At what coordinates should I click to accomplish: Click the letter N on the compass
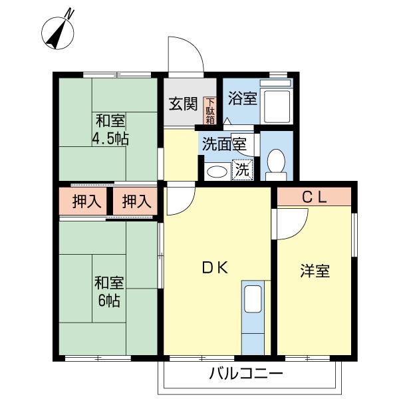69,13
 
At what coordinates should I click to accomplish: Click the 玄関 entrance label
184,104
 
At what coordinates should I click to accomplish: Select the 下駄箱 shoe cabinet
209,110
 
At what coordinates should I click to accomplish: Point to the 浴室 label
242,98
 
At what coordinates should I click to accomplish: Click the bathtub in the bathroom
277,106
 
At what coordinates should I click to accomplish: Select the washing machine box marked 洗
243,170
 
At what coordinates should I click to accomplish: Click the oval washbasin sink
217,172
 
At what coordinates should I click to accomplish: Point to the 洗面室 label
224,144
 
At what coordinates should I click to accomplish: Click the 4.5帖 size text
110,139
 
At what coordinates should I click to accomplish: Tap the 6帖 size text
109,301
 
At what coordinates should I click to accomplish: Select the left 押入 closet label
86,201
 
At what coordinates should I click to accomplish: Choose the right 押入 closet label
136,201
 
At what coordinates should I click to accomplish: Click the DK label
215,268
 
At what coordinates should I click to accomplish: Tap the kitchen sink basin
253,299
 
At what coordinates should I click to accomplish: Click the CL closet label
315,198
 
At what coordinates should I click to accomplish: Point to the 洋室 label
315,271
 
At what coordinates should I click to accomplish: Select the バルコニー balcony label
246,374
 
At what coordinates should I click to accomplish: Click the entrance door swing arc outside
196,46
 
